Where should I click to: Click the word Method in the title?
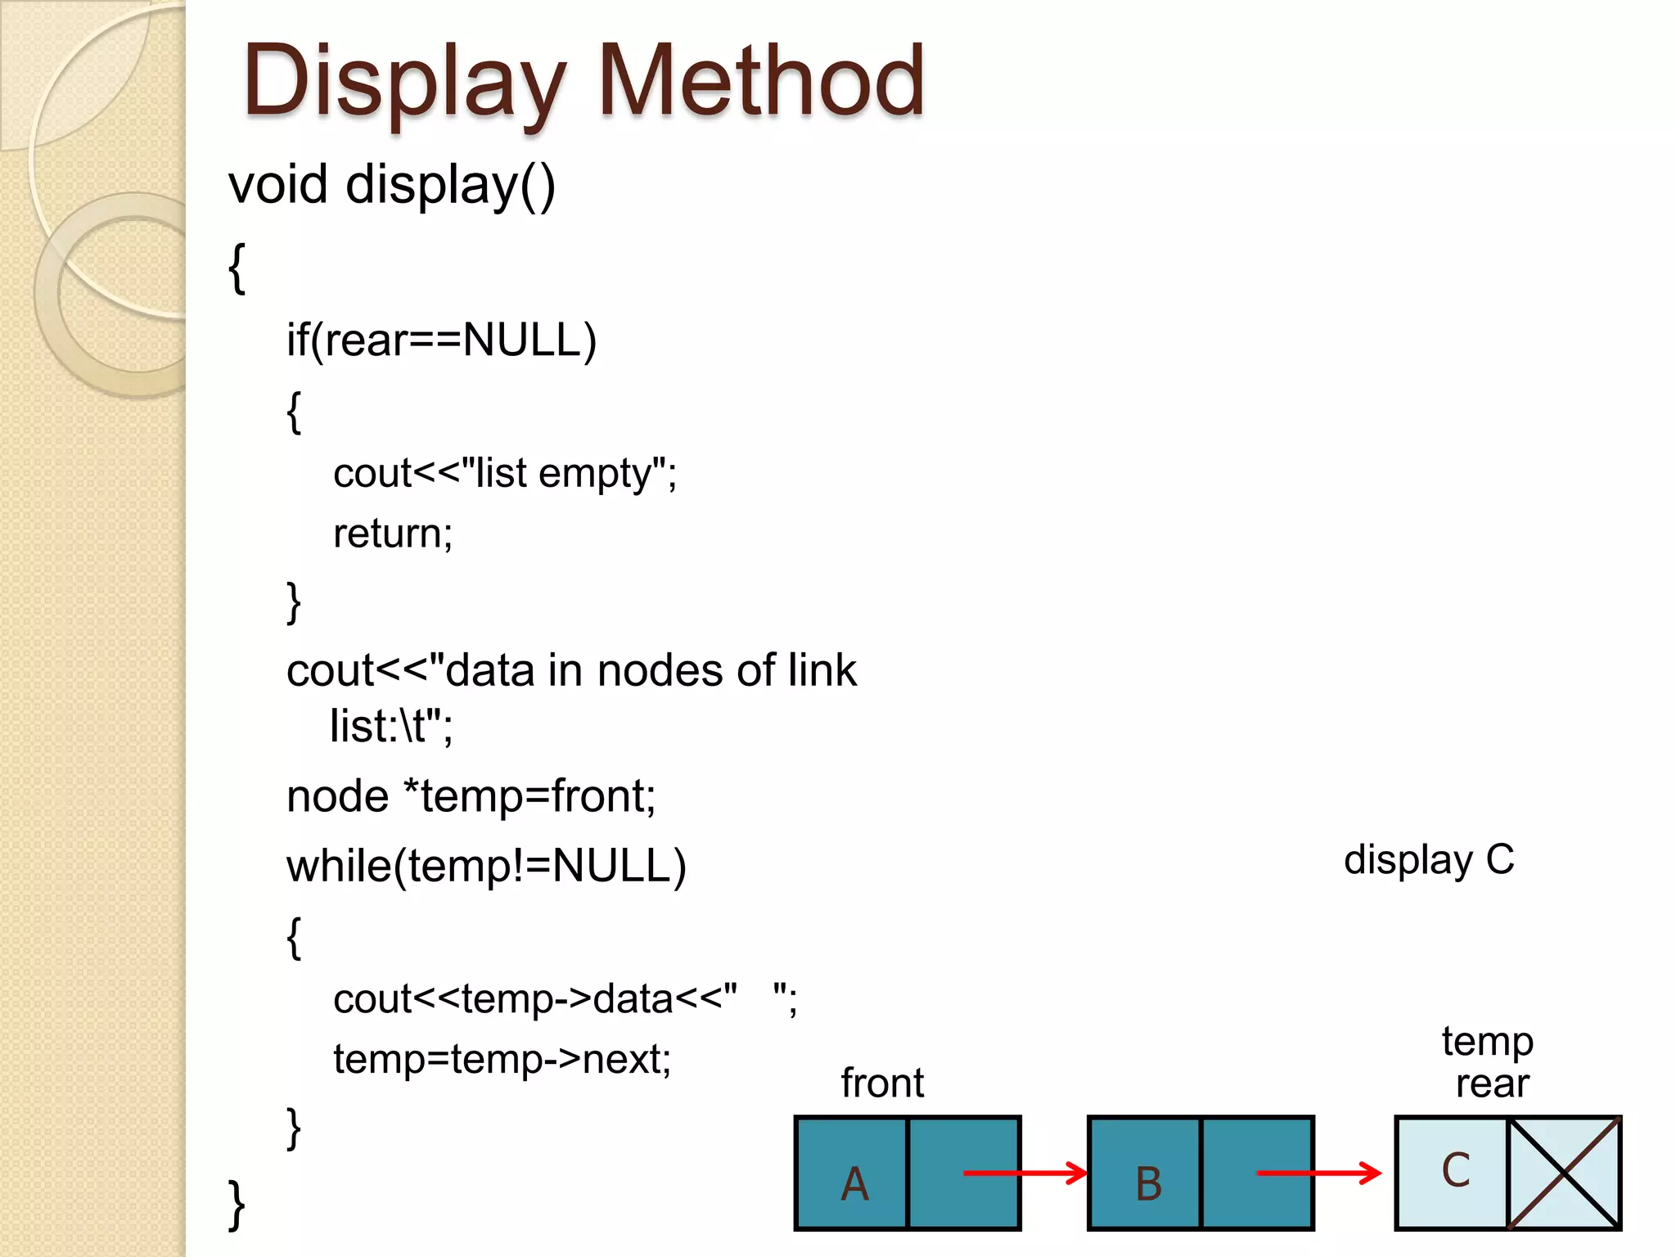(x=761, y=80)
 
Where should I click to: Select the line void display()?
(x=391, y=184)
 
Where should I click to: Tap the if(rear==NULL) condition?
(x=441, y=340)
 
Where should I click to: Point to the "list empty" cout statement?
(x=505, y=474)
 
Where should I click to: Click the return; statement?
(x=393, y=534)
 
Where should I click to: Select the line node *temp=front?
(x=471, y=796)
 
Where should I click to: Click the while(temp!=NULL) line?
(x=486, y=866)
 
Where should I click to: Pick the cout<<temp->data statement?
(x=565, y=999)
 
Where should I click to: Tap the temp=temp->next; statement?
(x=502, y=1059)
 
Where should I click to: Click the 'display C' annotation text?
(x=1429, y=860)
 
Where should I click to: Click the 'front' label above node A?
(x=882, y=1083)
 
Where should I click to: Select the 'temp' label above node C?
(x=1487, y=1042)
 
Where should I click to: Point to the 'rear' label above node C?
(x=1492, y=1084)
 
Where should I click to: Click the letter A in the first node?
(x=854, y=1183)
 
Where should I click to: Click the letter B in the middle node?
(x=1148, y=1183)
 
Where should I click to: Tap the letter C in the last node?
(x=1455, y=1170)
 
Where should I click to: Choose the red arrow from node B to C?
(x=1318, y=1173)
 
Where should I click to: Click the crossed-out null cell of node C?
(x=1563, y=1173)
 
